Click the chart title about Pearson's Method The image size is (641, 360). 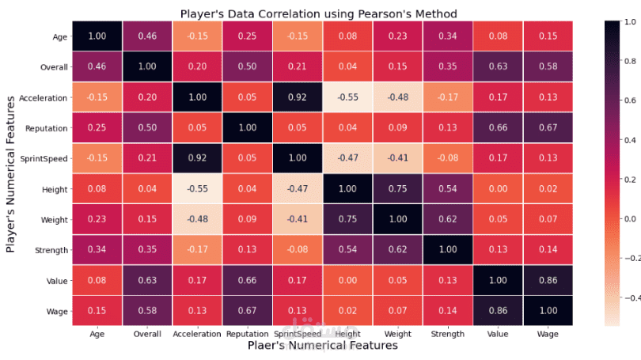[318, 13]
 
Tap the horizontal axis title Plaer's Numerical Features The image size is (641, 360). [321, 346]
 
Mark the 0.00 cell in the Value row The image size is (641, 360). [347, 281]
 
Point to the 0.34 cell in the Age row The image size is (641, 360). [447, 36]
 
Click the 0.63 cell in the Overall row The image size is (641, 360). [498, 66]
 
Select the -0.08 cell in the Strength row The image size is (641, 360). [298, 251]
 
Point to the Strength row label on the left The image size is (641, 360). [51, 251]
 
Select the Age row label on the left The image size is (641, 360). [60, 36]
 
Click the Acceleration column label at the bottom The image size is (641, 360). [196, 335]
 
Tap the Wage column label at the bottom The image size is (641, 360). [548, 335]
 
